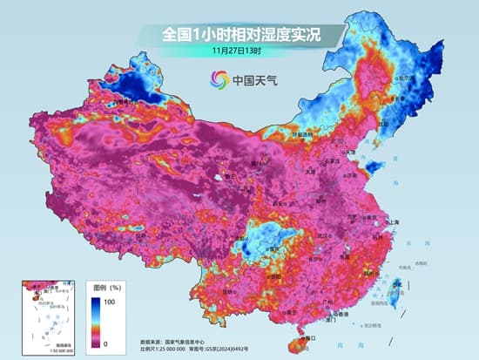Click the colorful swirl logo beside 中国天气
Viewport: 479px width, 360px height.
tap(218, 80)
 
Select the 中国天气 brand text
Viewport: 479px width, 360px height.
tap(253, 81)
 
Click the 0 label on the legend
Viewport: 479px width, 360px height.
tap(105, 343)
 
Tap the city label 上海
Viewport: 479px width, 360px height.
tap(389, 223)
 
